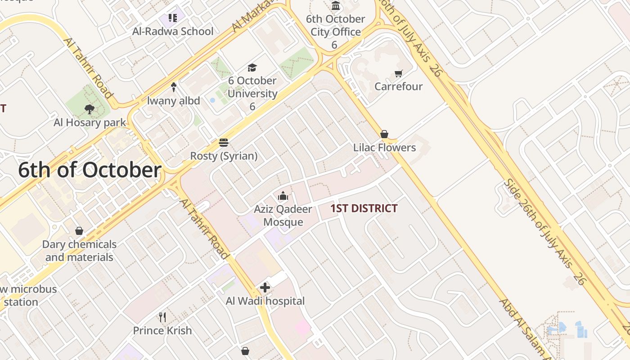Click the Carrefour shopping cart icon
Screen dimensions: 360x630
[x=398, y=73]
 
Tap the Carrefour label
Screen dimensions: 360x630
[x=398, y=86]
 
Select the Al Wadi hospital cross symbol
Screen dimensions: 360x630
[x=265, y=287]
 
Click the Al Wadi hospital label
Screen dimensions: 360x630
[x=265, y=301]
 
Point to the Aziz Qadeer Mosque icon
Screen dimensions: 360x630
[x=283, y=196]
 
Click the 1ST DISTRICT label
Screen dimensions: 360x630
[x=364, y=208]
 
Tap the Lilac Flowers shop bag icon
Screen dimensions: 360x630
[x=384, y=134]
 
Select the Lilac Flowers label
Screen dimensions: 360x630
[x=384, y=148]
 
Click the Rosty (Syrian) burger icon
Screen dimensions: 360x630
[x=224, y=143]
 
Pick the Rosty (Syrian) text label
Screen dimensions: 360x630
[x=224, y=156]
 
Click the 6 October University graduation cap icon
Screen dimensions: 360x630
[x=252, y=67]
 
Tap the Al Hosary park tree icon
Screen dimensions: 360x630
[x=90, y=108]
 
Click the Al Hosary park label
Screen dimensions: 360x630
[x=90, y=122]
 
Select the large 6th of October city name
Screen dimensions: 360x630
[x=90, y=171]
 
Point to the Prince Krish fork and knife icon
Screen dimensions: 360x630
[x=162, y=317]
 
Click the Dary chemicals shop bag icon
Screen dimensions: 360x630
[x=79, y=231]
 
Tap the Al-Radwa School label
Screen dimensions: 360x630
[x=173, y=31]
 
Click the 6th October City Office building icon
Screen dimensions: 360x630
[x=335, y=6]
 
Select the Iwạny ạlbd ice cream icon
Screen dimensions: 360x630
[x=174, y=87]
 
